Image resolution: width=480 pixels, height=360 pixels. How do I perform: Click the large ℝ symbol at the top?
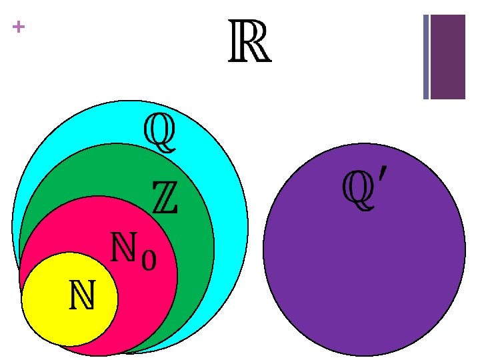pyautogui.click(x=249, y=42)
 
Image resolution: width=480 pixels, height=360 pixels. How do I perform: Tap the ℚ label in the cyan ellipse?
pyautogui.click(x=160, y=132)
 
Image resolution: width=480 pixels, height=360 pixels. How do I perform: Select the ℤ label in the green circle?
pyautogui.click(x=165, y=198)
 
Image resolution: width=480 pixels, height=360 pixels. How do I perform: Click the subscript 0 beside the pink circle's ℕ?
pyautogui.click(x=149, y=259)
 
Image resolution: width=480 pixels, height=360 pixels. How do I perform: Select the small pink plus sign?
pyautogui.click(x=18, y=27)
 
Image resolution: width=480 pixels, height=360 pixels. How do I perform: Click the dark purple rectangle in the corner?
pyautogui.click(x=447, y=57)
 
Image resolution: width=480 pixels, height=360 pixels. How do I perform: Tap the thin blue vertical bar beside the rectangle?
pyautogui.click(x=426, y=57)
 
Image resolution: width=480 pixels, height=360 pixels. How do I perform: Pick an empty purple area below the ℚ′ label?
pyautogui.click(x=363, y=280)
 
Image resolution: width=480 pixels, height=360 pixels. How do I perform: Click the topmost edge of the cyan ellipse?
pyautogui.click(x=130, y=101)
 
